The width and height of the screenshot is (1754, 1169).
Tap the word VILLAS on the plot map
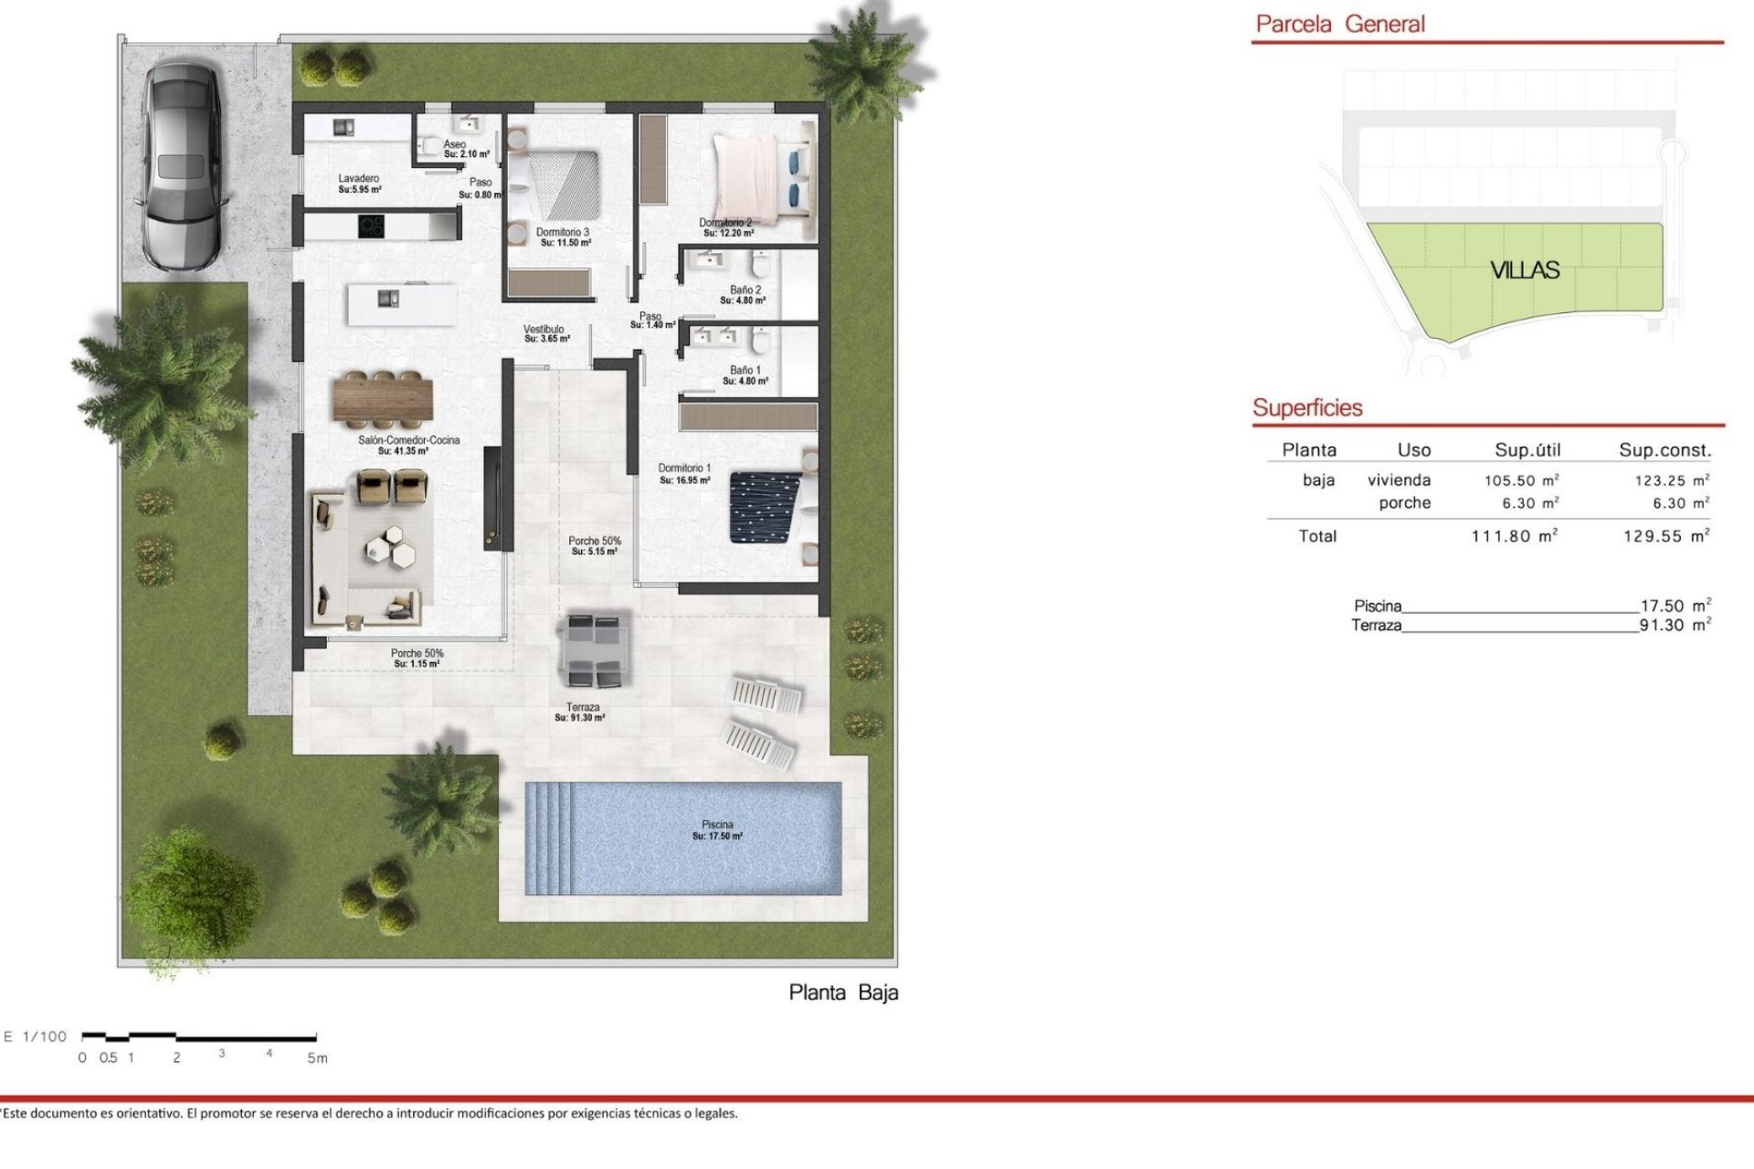click(x=1525, y=270)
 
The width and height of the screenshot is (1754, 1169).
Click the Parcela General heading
click(x=1340, y=25)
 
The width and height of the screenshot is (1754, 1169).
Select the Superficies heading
click(x=1307, y=408)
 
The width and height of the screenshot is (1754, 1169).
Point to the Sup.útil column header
click(x=1527, y=450)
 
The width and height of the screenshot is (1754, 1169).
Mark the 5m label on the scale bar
click(x=317, y=1058)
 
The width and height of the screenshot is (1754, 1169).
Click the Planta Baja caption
click(x=843, y=993)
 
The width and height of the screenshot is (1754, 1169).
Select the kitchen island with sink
click(x=402, y=304)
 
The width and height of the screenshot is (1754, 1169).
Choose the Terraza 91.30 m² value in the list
click(x=1675, y=626)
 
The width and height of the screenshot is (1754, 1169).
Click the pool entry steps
click(x=549, y=838)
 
